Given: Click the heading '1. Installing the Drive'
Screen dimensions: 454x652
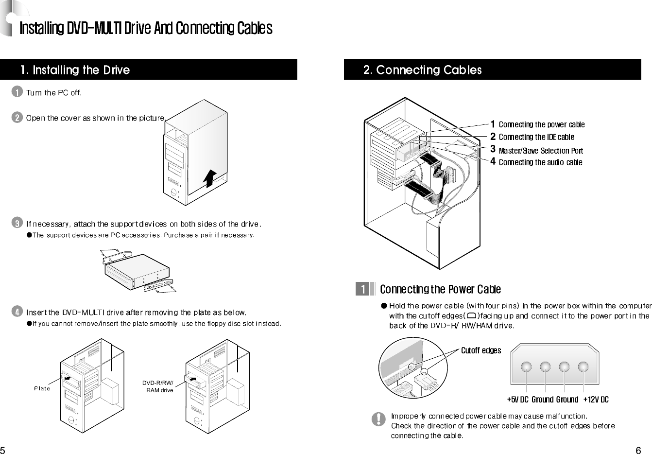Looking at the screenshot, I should tap(75, 70).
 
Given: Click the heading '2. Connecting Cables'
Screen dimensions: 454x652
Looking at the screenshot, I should tap(422, 70).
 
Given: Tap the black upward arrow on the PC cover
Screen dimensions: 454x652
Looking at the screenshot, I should tap(209, 178).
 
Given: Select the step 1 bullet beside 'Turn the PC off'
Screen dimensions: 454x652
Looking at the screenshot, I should tap(17, 92).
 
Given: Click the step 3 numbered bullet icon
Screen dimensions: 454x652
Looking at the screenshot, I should tap(17, 224).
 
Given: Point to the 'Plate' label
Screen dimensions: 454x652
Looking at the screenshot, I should tap(42, 388).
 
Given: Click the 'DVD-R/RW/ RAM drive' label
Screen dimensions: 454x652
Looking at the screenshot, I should tap(158, 387).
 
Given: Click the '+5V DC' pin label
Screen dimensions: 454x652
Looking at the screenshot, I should tap(517, 400).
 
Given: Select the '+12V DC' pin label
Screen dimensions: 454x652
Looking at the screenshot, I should tap(596, 400).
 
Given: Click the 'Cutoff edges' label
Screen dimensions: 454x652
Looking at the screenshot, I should tap(480, 350).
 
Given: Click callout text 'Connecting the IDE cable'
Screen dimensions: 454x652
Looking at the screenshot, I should tap(536, 137).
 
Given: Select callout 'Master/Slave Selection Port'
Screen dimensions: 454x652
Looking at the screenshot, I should tap(540, 150).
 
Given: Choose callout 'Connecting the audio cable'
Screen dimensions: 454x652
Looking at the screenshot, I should tap(540, 162).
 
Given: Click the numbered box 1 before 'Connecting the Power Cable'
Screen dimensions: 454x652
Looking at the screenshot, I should tap(362, 289).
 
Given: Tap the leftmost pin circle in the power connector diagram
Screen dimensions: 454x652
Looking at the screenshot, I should tap(527, 367).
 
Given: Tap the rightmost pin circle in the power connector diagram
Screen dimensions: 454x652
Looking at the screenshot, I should tap(583, 367).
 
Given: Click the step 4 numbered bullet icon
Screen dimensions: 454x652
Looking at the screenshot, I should tap(17, 311).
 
